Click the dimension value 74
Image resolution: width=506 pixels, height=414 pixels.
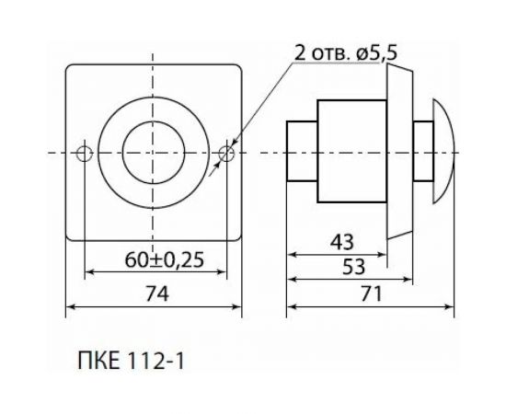click(155, 294)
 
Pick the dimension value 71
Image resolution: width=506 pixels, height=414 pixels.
click(372, 294)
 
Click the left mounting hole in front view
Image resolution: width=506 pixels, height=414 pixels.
click(85, 153)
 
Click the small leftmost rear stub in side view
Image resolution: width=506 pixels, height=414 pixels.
click(302, 151)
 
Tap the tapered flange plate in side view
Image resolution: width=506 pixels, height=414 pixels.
click(398, 153)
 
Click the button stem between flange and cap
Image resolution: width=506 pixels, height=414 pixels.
click(420, 153)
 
